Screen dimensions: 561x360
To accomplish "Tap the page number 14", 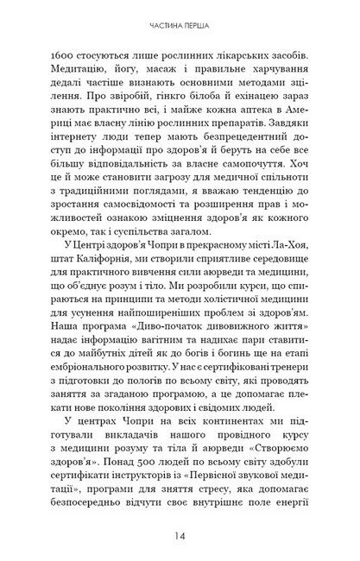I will click(180, 535).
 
